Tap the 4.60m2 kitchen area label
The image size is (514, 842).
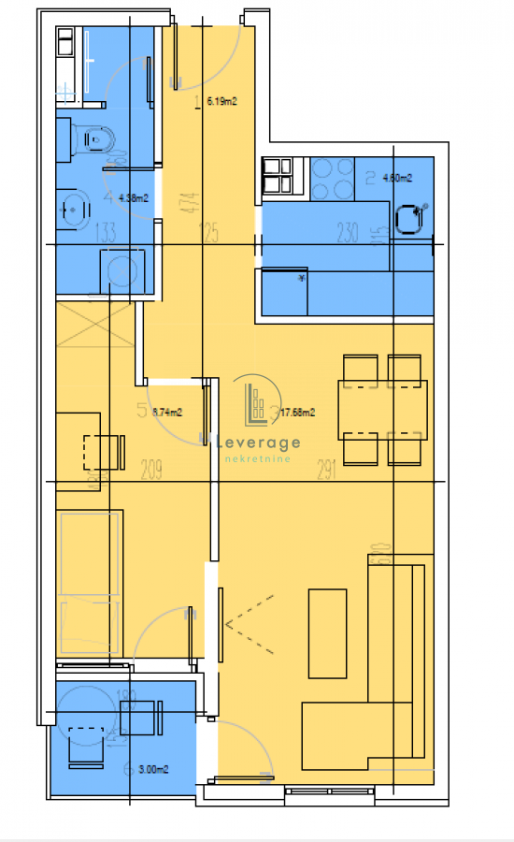[396, 177]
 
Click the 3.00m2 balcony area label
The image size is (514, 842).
[152, 769]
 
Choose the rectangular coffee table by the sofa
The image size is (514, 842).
[328, 632]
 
